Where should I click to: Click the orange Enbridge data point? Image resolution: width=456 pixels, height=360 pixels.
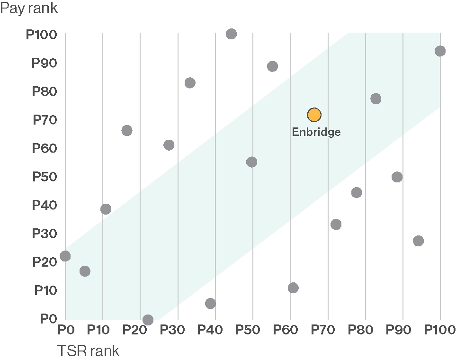coord(314,115)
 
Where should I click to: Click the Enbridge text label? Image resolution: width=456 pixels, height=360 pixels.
coord(316,132)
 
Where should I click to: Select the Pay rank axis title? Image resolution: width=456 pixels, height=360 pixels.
coord(29,9)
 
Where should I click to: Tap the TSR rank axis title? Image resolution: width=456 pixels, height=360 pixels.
coord(88,351)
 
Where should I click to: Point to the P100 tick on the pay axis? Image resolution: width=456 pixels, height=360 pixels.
coord(41,35)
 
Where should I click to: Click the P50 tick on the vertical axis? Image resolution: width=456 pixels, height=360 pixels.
coord(45,177)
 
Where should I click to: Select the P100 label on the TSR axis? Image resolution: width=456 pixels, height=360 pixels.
coord(440,329)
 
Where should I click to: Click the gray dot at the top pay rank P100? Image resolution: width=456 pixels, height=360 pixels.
coord(231,34)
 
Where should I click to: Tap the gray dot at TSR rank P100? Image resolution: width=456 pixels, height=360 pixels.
coord(440,51)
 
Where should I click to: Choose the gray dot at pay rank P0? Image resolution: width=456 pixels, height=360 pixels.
coord(148,320)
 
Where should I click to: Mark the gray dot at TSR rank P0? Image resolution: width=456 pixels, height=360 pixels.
coord(65,256)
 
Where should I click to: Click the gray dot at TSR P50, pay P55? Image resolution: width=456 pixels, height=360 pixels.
coord(251,162)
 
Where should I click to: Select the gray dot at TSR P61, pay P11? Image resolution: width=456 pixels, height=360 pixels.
coord(293,288)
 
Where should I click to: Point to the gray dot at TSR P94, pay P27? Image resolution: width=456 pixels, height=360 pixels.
coord(418,241)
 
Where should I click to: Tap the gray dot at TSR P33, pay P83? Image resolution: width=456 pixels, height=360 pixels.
coord(190,83)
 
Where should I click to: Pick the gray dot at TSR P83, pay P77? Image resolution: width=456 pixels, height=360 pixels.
coord(376,99)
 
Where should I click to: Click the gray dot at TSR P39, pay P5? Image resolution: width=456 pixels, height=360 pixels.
coord(211,303)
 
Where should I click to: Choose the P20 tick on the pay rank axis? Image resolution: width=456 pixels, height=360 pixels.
coord(45,262)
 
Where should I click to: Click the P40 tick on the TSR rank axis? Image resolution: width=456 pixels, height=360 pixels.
coord(215,329)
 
